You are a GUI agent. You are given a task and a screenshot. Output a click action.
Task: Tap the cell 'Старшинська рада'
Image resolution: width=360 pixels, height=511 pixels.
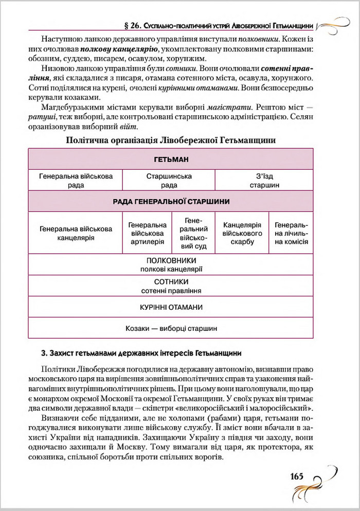pos(169,181)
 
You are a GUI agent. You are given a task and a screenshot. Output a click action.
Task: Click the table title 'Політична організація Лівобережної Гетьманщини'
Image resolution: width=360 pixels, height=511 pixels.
pos(171,139)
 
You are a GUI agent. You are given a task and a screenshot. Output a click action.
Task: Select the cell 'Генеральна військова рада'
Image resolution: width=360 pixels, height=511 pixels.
pos(76,181)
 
